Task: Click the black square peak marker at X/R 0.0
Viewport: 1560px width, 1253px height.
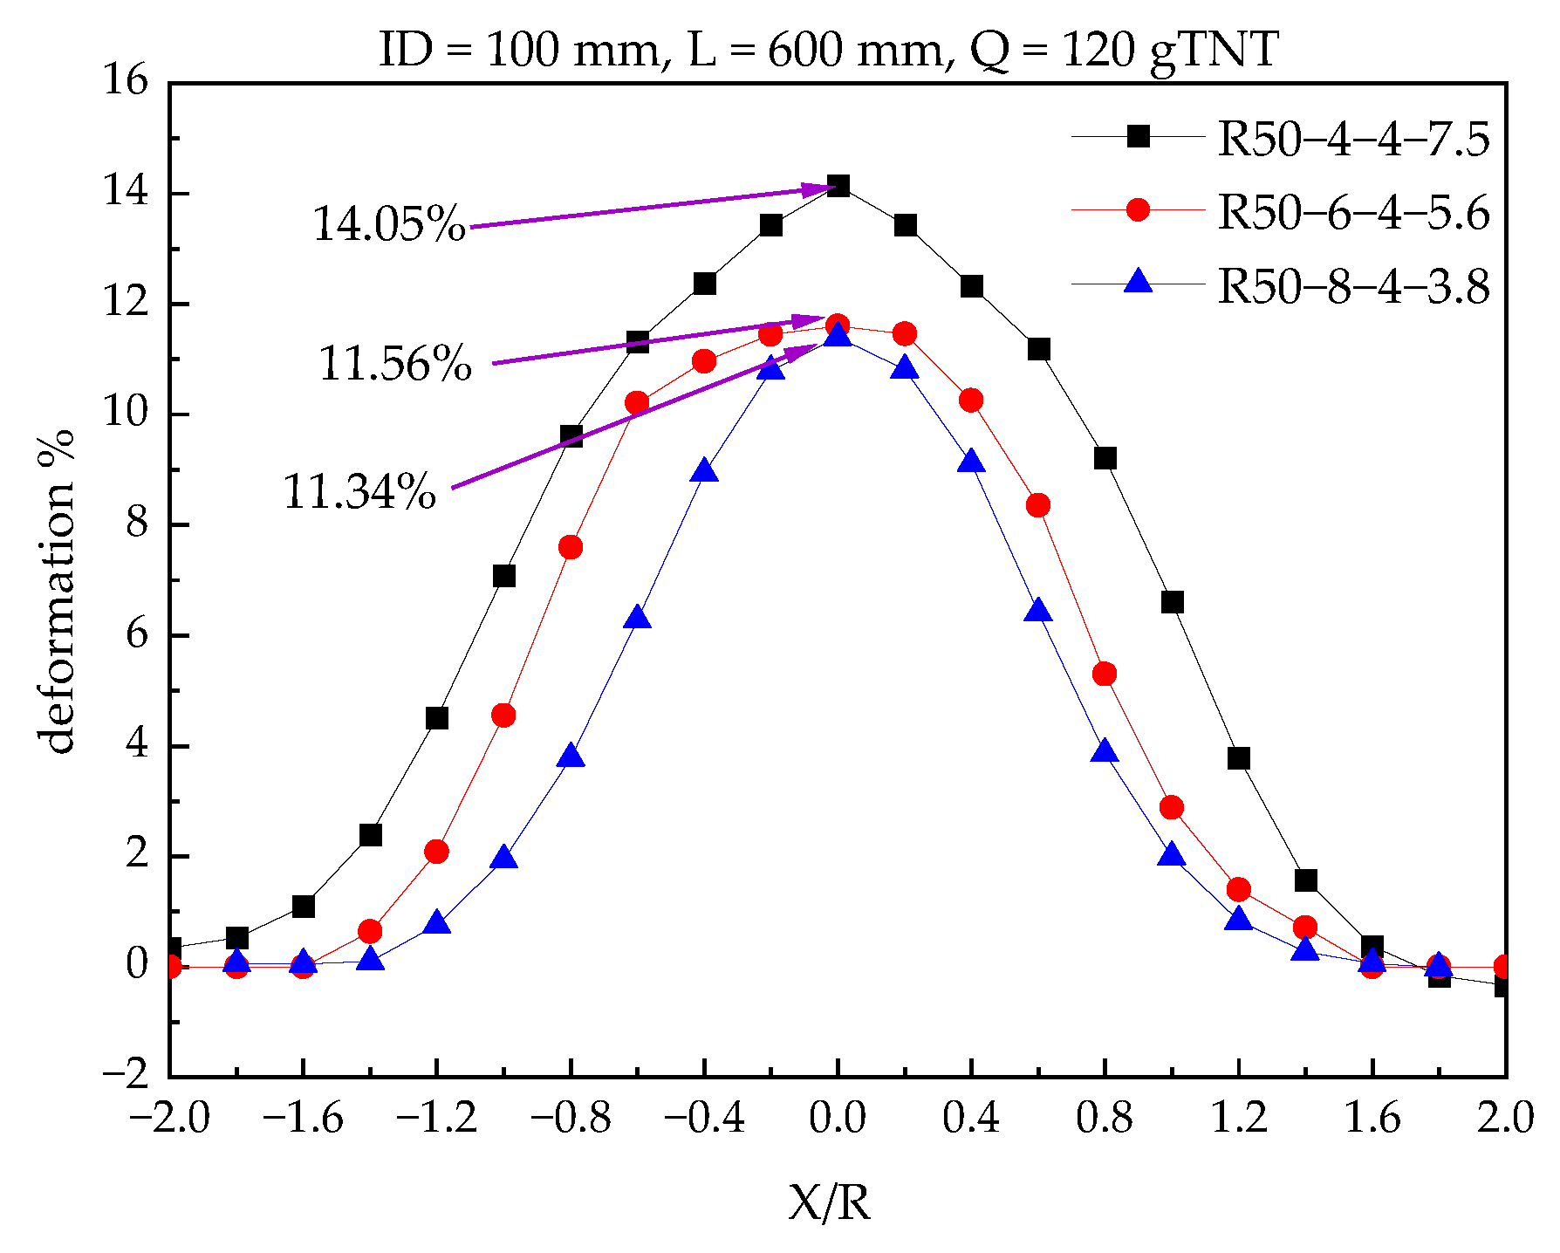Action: click(x=838, y=186)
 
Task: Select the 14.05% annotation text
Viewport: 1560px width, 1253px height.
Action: click(x=389, y=224)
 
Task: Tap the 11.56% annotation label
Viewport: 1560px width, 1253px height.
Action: click(x=395, y=364)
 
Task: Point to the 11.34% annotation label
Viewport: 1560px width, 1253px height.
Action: click(x=359, y=491)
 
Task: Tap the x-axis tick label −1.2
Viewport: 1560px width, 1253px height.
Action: click(x=436, y=1118)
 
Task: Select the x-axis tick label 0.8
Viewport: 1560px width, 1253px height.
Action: click(x=1105, y=1118)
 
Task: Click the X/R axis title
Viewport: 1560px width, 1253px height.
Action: click(x=830, y=1203)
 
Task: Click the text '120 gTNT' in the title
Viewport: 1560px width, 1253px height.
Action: click(x=1170, y=50)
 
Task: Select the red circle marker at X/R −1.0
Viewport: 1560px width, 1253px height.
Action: click(x=503, y=716)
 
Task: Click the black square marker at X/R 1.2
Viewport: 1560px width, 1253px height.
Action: click(x=1238, y=758)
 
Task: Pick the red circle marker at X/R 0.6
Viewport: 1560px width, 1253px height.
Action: click(x=1037, y=505)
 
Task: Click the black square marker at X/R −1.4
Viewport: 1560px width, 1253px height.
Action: click(x=370, y=835)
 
